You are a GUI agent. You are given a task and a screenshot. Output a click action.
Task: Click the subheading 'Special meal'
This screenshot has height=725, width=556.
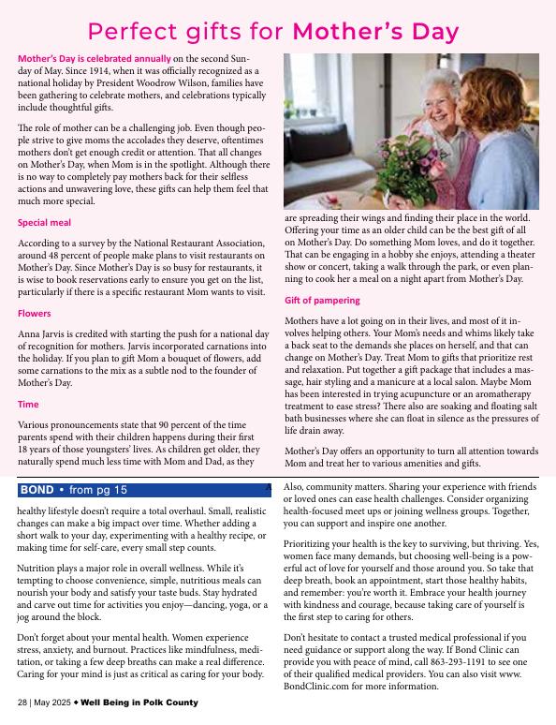[44, 223]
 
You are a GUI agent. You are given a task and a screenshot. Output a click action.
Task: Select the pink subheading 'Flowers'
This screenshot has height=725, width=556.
[34, 314]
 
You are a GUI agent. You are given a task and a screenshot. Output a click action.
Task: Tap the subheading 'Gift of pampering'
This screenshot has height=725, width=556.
[321, 301]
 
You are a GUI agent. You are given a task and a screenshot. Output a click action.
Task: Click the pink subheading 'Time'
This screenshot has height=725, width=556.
[28, 405]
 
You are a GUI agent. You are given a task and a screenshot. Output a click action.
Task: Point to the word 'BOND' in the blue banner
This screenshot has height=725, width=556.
[37, 490]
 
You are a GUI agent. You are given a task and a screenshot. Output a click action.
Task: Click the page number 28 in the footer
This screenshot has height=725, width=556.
[22, 702]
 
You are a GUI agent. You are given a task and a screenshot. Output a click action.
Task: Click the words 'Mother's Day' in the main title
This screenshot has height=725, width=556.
[376, 31]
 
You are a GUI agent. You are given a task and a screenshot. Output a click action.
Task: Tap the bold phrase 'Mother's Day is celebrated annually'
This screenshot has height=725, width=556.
[94, 58]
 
